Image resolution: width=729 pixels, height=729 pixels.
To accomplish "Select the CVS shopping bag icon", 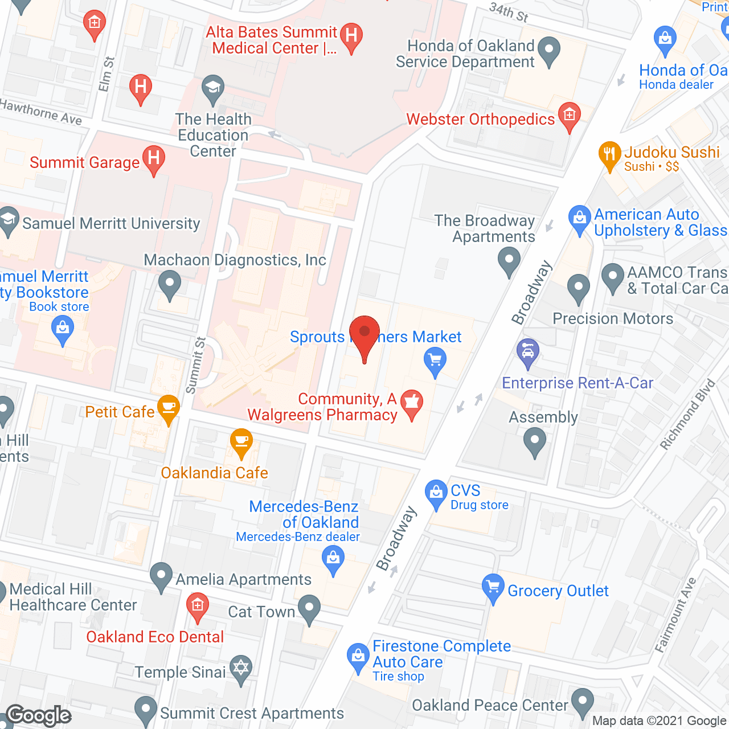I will pyautogui.click(x=436, y=493).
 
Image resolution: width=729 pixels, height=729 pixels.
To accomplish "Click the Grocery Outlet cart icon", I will pyautogui.click(x=493, y=588).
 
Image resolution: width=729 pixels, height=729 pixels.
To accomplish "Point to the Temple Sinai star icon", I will pyautogui.click(x=241, y=670).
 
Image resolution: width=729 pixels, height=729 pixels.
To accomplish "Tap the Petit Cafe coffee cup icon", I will pyautogui.click(x=168, y=408).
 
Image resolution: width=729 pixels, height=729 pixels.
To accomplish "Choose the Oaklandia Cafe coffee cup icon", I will pyautogui.click(x=241, y=442).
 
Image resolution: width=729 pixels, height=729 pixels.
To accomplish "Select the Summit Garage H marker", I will pyautogui.click(x=153, y=159).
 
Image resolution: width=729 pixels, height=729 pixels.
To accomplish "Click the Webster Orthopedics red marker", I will pyautogui.click(x=569, y=116).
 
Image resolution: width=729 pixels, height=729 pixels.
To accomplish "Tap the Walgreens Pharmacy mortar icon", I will pyautogui.click(x=411, y=403).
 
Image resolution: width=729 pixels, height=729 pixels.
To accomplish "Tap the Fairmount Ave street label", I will pyautogui.click(x=675, y=615).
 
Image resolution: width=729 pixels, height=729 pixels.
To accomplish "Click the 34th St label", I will pyautogui.click(x=509, y=12).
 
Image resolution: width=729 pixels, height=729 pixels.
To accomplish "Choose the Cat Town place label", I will pyautogui.click(x=261, y=612).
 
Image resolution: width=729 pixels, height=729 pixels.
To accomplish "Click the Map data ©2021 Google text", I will pyautogui.click(x=660, y=721).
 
